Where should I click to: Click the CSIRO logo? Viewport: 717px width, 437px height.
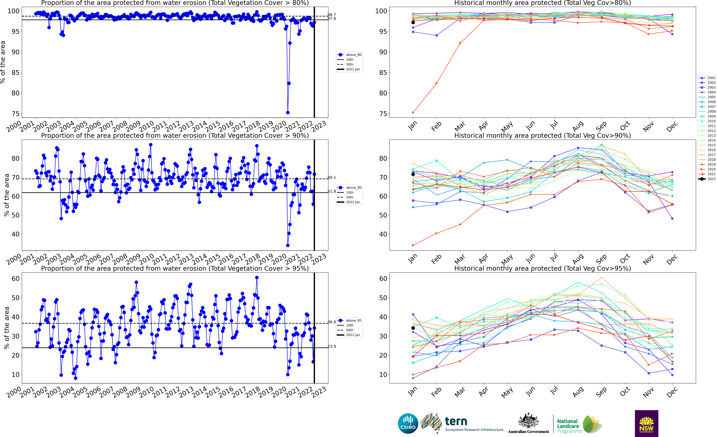point(408,423)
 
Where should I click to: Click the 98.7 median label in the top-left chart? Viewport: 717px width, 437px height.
point(332,15)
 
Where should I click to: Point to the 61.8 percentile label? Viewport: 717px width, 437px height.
point(332,191)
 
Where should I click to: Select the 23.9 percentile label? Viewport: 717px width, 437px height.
point(332,346)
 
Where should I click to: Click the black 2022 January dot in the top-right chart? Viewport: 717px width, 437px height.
point(413,22)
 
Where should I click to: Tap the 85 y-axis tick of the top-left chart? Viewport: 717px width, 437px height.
point(15,73)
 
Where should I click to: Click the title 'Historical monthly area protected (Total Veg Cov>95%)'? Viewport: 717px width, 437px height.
point(542,268)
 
